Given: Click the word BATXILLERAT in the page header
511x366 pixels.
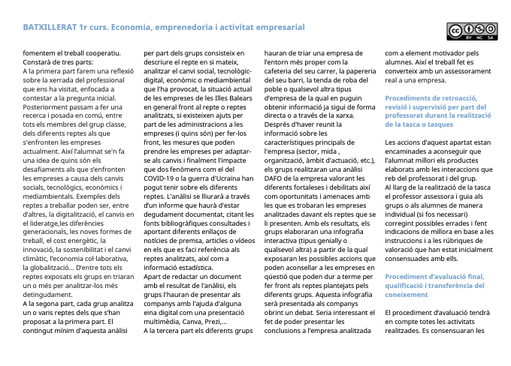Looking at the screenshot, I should (47, 27).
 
